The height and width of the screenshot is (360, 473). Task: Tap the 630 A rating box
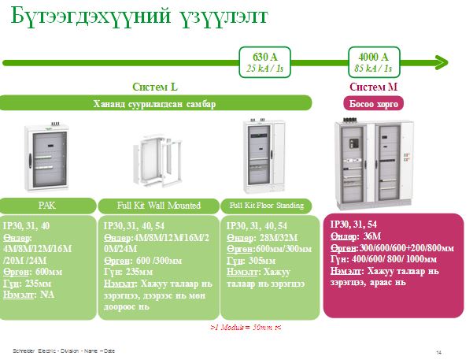coord(264,61)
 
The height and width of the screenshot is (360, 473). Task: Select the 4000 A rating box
coord(373,61)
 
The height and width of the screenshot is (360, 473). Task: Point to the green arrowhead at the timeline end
coord(442,61)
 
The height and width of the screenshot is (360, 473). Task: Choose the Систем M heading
coord(373,87)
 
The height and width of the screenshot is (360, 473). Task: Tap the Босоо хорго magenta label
coord(373,103)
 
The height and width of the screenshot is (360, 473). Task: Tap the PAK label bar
coord(46,206)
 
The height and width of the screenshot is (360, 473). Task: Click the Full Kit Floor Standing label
coord(267,206)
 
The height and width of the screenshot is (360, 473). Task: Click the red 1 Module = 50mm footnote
coord(246,325)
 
